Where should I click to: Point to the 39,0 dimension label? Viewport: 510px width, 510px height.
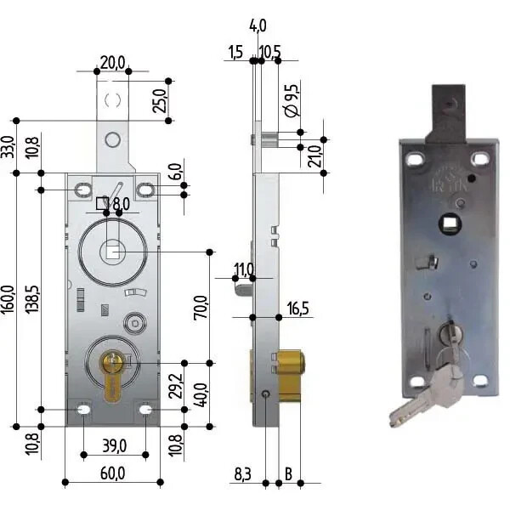(114, 445)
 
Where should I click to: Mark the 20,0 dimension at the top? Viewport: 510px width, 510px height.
(112, 62)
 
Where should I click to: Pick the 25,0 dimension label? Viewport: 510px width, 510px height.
(159, 99)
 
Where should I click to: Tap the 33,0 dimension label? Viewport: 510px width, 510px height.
(8, 146)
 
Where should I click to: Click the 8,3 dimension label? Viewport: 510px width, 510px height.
(243, 472)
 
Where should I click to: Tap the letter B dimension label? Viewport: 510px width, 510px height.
(288, 473)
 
